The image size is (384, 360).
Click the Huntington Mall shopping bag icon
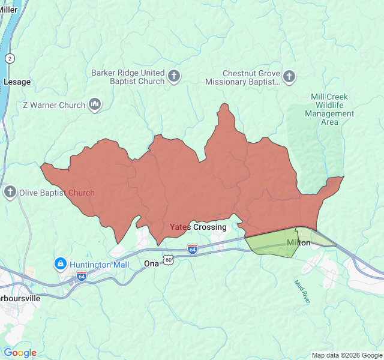(60, 264)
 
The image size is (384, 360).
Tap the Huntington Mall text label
(99, 265)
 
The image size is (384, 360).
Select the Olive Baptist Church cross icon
(10, 193)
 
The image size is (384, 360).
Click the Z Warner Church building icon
(94, 105)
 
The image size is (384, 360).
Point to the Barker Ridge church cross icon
(174, 76)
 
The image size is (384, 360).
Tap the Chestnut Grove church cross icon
(289, 76)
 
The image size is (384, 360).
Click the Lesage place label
(17, 82)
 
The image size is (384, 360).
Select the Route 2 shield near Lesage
(10, 58)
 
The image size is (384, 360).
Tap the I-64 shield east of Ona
(192, 248)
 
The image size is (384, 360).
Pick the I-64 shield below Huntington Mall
(82, 275)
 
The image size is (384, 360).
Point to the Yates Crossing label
(198, 227)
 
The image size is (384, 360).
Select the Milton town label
(299, 243)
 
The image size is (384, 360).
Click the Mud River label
(303, 291)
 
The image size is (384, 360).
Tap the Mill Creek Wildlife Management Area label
(329, 109)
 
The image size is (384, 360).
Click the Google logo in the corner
(20, 353)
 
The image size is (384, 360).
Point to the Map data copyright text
(346, 355)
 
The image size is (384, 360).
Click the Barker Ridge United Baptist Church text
(127, 77)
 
